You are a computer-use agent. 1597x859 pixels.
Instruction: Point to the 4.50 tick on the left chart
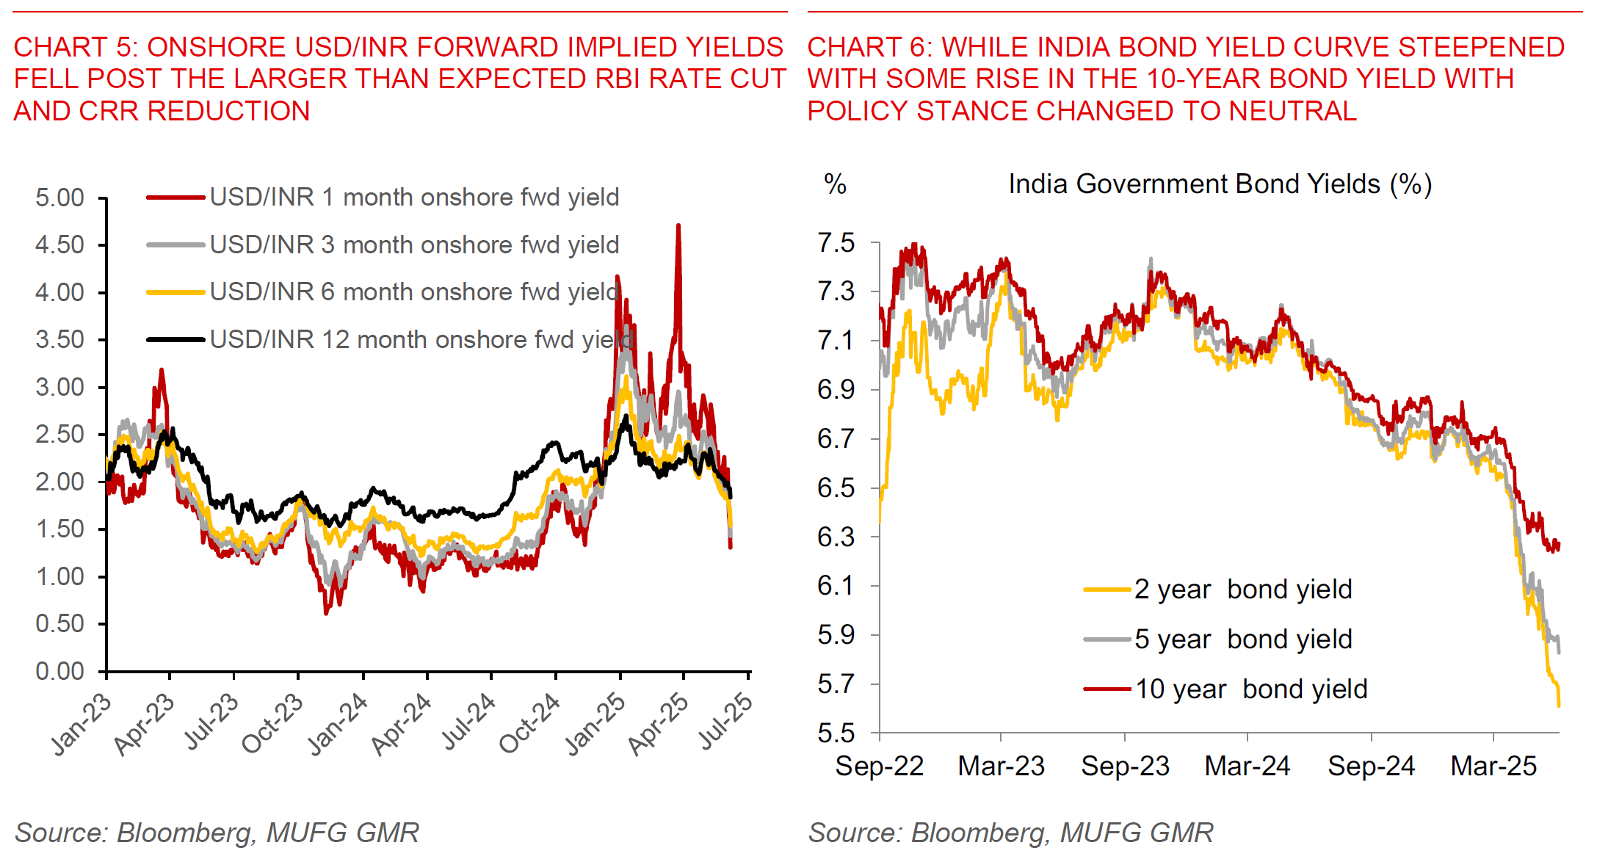point(59,245)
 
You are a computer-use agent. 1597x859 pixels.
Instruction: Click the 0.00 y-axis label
point(59,671)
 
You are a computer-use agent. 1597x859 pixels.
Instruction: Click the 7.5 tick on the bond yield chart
point(836,243)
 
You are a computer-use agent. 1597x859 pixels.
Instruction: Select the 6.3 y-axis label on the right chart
point(836,537)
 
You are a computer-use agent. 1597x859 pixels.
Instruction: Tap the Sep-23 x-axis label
point(1125,766)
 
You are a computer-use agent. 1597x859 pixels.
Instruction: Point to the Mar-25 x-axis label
point(1493,766)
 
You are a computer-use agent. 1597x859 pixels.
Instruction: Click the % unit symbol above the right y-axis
point(836,184)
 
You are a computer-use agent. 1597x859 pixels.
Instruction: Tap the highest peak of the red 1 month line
point(678,226)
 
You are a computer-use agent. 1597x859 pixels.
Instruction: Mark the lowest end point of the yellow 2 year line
point(1558,706)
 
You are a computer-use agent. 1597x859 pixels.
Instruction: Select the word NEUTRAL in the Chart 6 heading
point(1293,112)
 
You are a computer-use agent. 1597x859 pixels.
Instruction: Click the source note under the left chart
point(217,833)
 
